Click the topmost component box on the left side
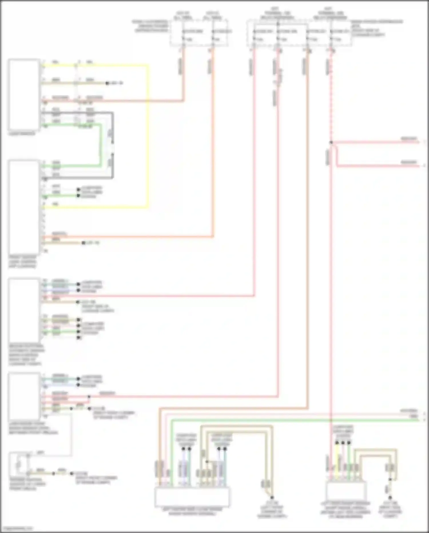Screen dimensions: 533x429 pos(24,95)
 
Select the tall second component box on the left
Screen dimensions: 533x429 pos(24,207)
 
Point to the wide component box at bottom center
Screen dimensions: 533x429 pos(192,497)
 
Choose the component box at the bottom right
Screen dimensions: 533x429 pos(346,491)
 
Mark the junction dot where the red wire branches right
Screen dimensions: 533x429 pos(331,142)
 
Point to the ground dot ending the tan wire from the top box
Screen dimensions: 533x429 pos(107,83)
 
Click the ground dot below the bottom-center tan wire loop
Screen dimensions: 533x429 pos(272,497)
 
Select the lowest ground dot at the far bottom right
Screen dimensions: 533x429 pos(390,498)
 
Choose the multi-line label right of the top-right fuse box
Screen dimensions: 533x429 pos(376,28)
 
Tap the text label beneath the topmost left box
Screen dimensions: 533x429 pos(22,134)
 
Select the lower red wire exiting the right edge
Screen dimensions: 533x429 pos(380,166)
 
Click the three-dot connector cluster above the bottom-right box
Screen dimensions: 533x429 pos(343,443)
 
